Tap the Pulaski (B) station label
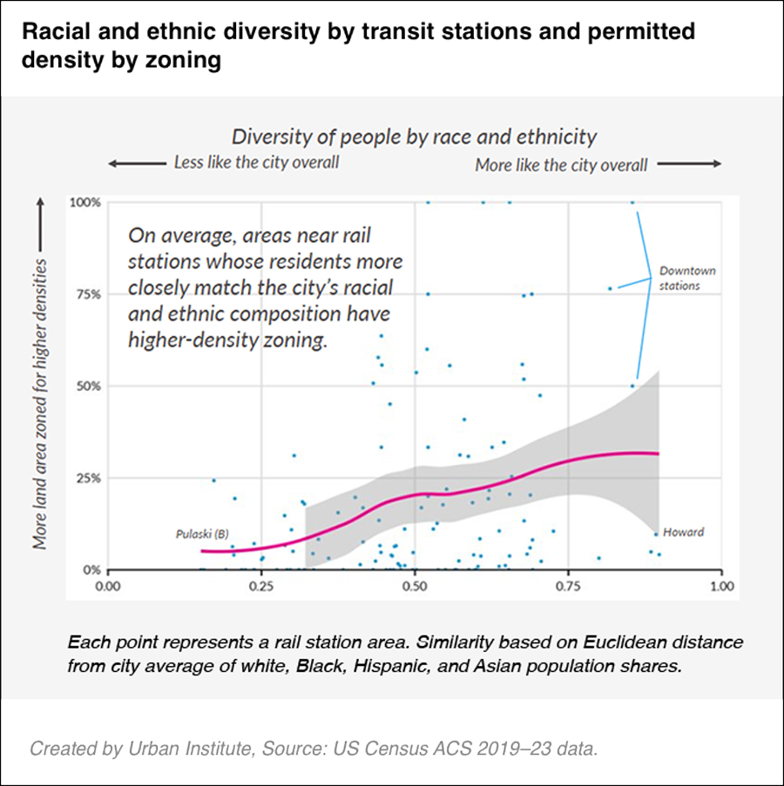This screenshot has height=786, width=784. tap(202, 533)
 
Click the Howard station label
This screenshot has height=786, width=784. tap(684, 532)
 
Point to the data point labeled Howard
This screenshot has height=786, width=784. tap(656, 534)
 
